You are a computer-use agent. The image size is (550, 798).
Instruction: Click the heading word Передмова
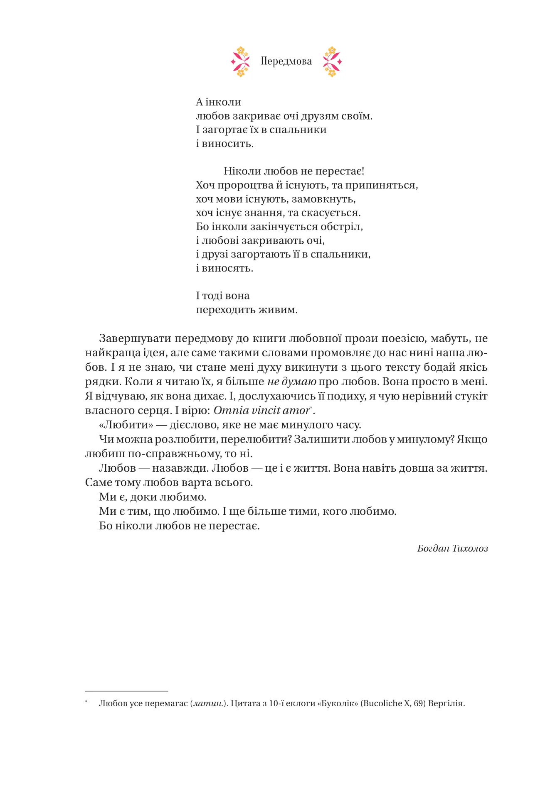(x=286, y=61)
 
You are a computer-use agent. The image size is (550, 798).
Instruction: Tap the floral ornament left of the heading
(x=240, y=61)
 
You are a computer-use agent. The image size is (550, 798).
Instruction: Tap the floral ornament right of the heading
(x=332, y=61)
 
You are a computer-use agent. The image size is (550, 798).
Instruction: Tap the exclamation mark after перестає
(x=363, y=171)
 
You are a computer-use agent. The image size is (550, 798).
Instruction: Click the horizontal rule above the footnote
(x=126, y=691)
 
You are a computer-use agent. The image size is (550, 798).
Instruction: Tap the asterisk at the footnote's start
(x=86, y=702)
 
